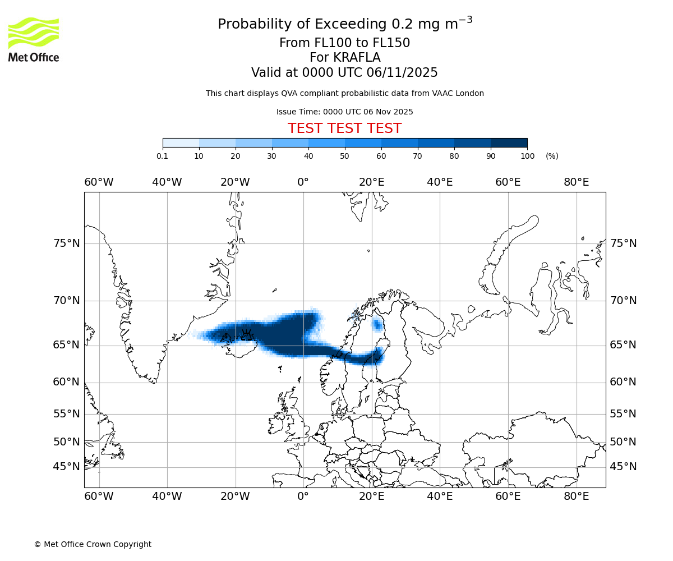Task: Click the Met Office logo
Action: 34,39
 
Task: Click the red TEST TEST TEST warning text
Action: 344,128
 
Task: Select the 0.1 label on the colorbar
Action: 163,156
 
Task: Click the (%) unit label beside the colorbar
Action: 552,156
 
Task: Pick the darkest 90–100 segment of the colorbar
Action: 509,143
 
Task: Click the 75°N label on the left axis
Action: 67,243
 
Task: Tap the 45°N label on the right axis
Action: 623,467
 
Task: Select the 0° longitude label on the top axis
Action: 303,182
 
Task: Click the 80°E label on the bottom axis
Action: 576,496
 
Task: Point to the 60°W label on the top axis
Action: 99,182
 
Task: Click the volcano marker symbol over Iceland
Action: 246,335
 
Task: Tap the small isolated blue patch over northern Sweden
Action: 377,324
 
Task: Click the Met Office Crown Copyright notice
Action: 93,544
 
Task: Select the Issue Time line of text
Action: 344,112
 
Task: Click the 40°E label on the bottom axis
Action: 440,496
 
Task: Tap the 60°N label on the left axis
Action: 67,382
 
